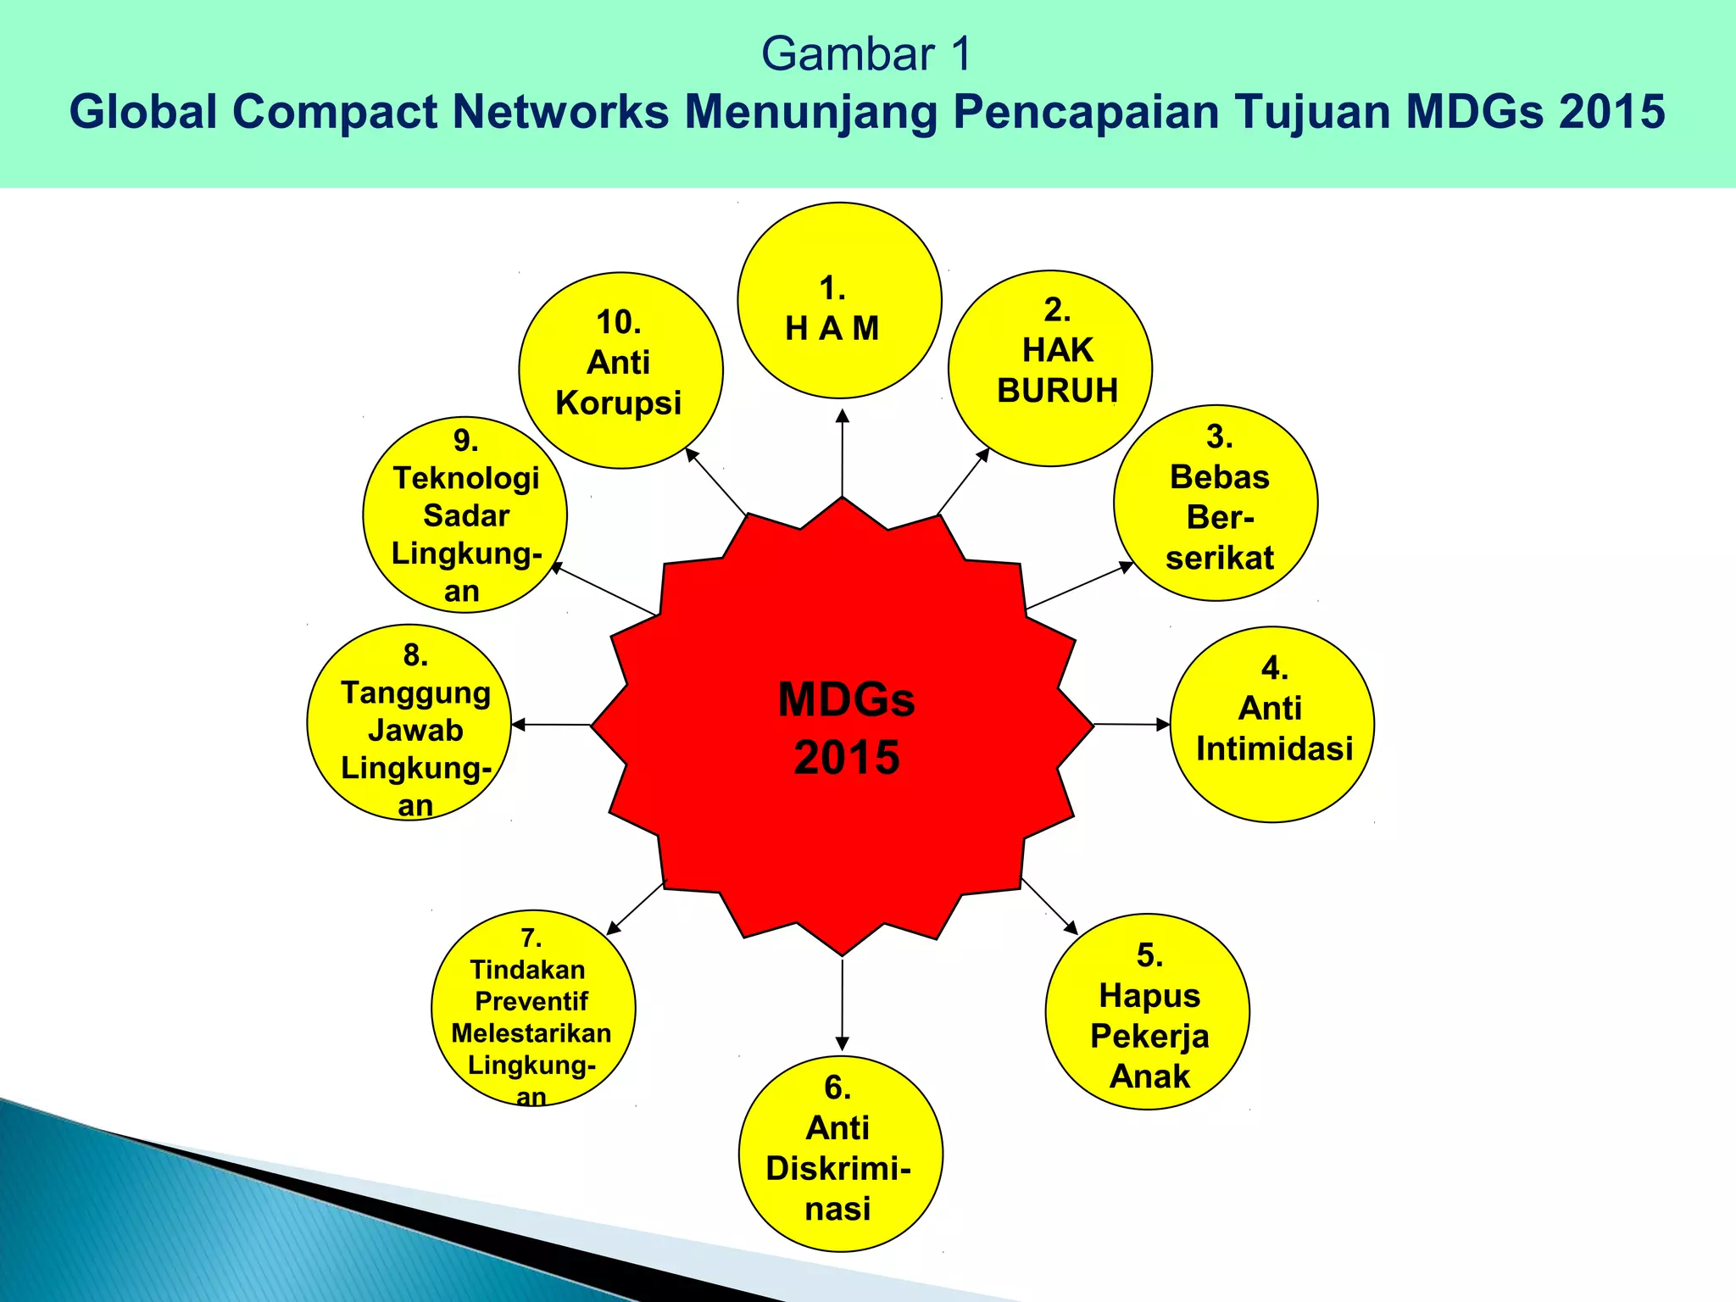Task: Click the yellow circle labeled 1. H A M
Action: click(x=839, y=300)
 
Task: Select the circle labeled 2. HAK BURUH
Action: click(x=1049, y=368)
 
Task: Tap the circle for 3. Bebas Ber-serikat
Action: click(x=1216, y=503)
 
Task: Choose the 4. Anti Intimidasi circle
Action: click(x=1271, y=724)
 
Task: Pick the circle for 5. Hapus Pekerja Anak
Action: click(x=1147, y=1011)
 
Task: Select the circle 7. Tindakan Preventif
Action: click(x=533, y=1008)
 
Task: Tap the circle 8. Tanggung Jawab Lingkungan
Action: click(x=409, y=722)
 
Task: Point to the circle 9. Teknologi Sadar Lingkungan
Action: click(x=465, y=515)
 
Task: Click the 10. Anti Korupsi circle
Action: click(x=620, y=370)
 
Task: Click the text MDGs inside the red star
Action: click(x=846, y=700)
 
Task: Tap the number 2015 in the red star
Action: click(x=846, y=757)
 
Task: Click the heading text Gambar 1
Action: click(x=865, y=54)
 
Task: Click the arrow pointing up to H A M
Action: click(x=842, y=453)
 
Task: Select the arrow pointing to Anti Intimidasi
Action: click(x=1131, y=724)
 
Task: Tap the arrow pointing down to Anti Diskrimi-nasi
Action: click(x=842, y=1004)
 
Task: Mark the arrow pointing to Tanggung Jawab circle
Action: click(x=552, y=724)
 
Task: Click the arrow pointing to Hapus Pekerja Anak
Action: click(x=1049, y=906)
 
